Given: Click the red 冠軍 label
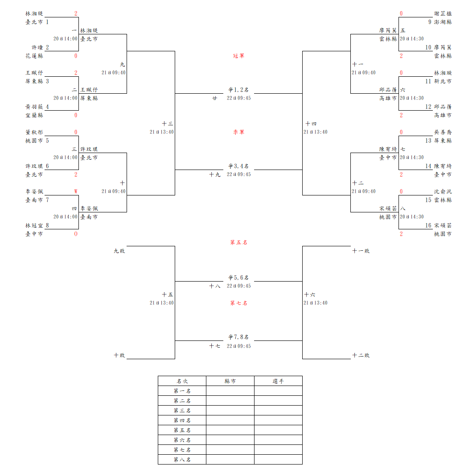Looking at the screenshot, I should tap(238, 56).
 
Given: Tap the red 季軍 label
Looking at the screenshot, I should tap(238, 132).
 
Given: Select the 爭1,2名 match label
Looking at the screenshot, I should tap(238, 90).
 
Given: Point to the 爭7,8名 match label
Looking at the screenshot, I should tap(238, 337).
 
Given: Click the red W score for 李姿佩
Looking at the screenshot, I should tap(76, 191).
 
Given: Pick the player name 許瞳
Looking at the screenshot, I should tap(37, 47).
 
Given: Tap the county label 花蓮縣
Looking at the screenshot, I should tap(34, 56).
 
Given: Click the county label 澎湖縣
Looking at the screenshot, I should tap(443, 22).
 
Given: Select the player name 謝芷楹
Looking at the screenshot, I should tap(443, 13).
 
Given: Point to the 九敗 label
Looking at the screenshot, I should tap(119, 251).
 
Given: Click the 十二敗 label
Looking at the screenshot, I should tap(361, 356).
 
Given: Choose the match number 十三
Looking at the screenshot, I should tap(168, 124).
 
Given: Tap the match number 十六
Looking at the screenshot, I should tap(310, 295).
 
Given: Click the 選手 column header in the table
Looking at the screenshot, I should tap(278, 381).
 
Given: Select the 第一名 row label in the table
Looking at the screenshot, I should tap(182, 391).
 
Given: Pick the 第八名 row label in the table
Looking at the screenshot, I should tap(182, 460).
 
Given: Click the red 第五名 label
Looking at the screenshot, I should tap(238, 242).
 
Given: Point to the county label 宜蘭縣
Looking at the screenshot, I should tap(34, 115).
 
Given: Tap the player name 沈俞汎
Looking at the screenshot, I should tap(443, 191).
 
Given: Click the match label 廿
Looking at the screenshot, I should tap(215, 98).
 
